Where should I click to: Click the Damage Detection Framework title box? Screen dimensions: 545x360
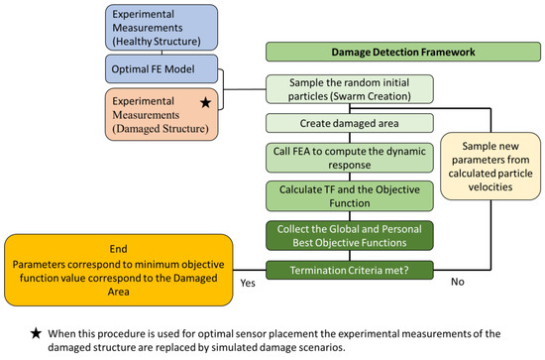pyautogui.click(x=403, y=52)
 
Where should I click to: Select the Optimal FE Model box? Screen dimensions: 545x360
pyautogui.click(x=162, y=68)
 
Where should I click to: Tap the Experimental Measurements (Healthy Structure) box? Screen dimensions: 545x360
pyautogui.click(x=162, y=28)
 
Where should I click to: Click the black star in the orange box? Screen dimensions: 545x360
pyautogui.click(x=206, y=102)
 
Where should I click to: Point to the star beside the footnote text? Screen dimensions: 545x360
pyautogui.click(x=36, y=333)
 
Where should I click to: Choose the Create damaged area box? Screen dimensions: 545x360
pyautogui.click(x=350, y=123)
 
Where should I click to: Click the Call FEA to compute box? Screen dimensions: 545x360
pyautogui.click(x=350, y=158)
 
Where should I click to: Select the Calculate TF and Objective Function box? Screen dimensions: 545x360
pyautogui.click(x=350, y=196)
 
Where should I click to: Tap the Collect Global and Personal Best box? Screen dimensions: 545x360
pyautogui.click(x=350, y=235)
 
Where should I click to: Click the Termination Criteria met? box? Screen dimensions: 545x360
pyautogui.click(x=350, y=270)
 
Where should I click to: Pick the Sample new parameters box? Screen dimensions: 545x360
pyautogui.click(x=490, y=167)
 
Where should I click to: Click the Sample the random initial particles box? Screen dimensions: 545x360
pyautogui.click(x=350, y=89)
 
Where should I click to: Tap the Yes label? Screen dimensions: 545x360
pyautogui.click(x=248, y=283)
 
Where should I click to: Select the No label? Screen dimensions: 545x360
pyautogui.click(x=458, y=282)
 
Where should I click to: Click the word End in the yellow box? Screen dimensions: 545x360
pyautogui.click(x=118, y=249)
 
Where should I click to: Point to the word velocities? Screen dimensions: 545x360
pyautogui.click(x=490, y=187)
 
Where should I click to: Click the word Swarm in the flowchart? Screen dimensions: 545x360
pyautogui.click(x=349, y=96)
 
